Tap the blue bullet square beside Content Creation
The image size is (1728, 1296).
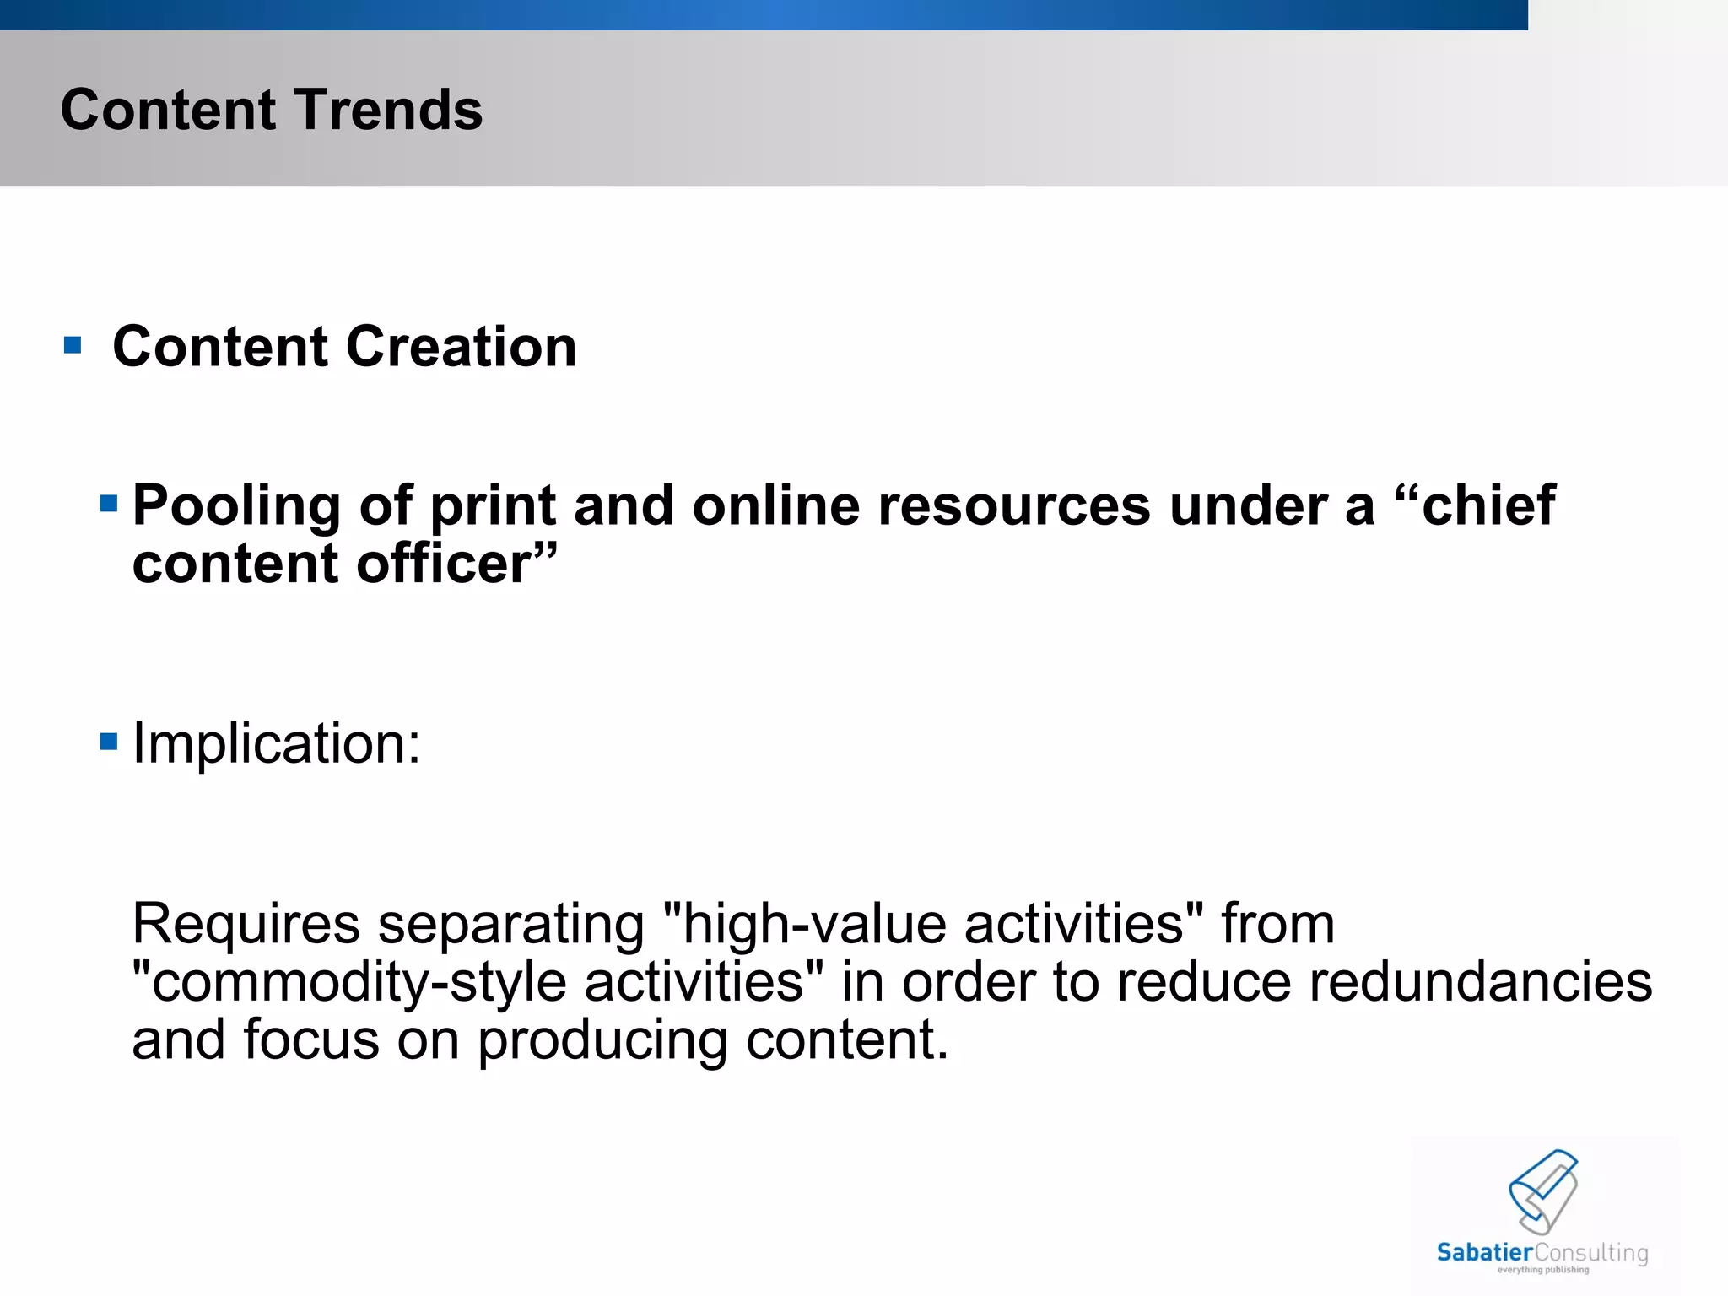[x=73, y=345]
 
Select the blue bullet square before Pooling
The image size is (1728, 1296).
[x=109, y=505]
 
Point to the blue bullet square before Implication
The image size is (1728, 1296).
[x=109, y=742]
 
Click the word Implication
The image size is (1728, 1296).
[x=276, y=744]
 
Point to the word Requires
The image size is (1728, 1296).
[x=246, y=925]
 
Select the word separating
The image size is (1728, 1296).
[x=511, y=925]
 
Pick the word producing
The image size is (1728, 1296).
[x=602, y=1040]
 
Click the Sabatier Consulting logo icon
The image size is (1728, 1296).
[x=1543, y=1191]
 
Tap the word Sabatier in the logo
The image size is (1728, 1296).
[x=1484, y=1252]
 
